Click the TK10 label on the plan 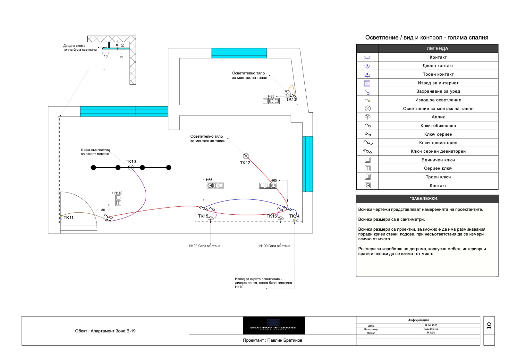pyautogui.click(x=131, y=161)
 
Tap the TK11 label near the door pyautogui.click(x=68, y=218)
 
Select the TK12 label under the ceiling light pyautogui.click(x=245, y=163)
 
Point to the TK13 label pyautogui.click(x=291, y=99)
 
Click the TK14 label pyautogui.click(x=294, y=216)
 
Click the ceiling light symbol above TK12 pyautogui.click(x=246, y=156)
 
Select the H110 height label pyautogui.click(x=118, y=193)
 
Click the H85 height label pyautogui.click(x=271, y=96)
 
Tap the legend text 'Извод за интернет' pyautogui.click(x=438, y=83)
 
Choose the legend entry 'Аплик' pyautogui.click(x=438, y=117)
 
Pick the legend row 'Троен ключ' pyautogui.click(x=438, y=177)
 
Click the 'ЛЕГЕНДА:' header pyautogui.click(x=438, y=49)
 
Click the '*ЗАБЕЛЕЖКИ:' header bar pyautogui.click(x=427, y=199)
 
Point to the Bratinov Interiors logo pyautogui.click(x=274, y=325)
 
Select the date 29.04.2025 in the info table pyautogui.click(x=430, y=325)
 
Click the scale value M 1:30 pyautogui.click(x=430, y=333)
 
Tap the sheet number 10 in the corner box pyautogui.click(x=489, y=325)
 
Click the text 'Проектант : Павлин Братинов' pyautogui.click(x=272, y=340)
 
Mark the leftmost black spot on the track pyautogui.click(x=93, y=167)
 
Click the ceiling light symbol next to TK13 pyautogui.click(x=288, y=93)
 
